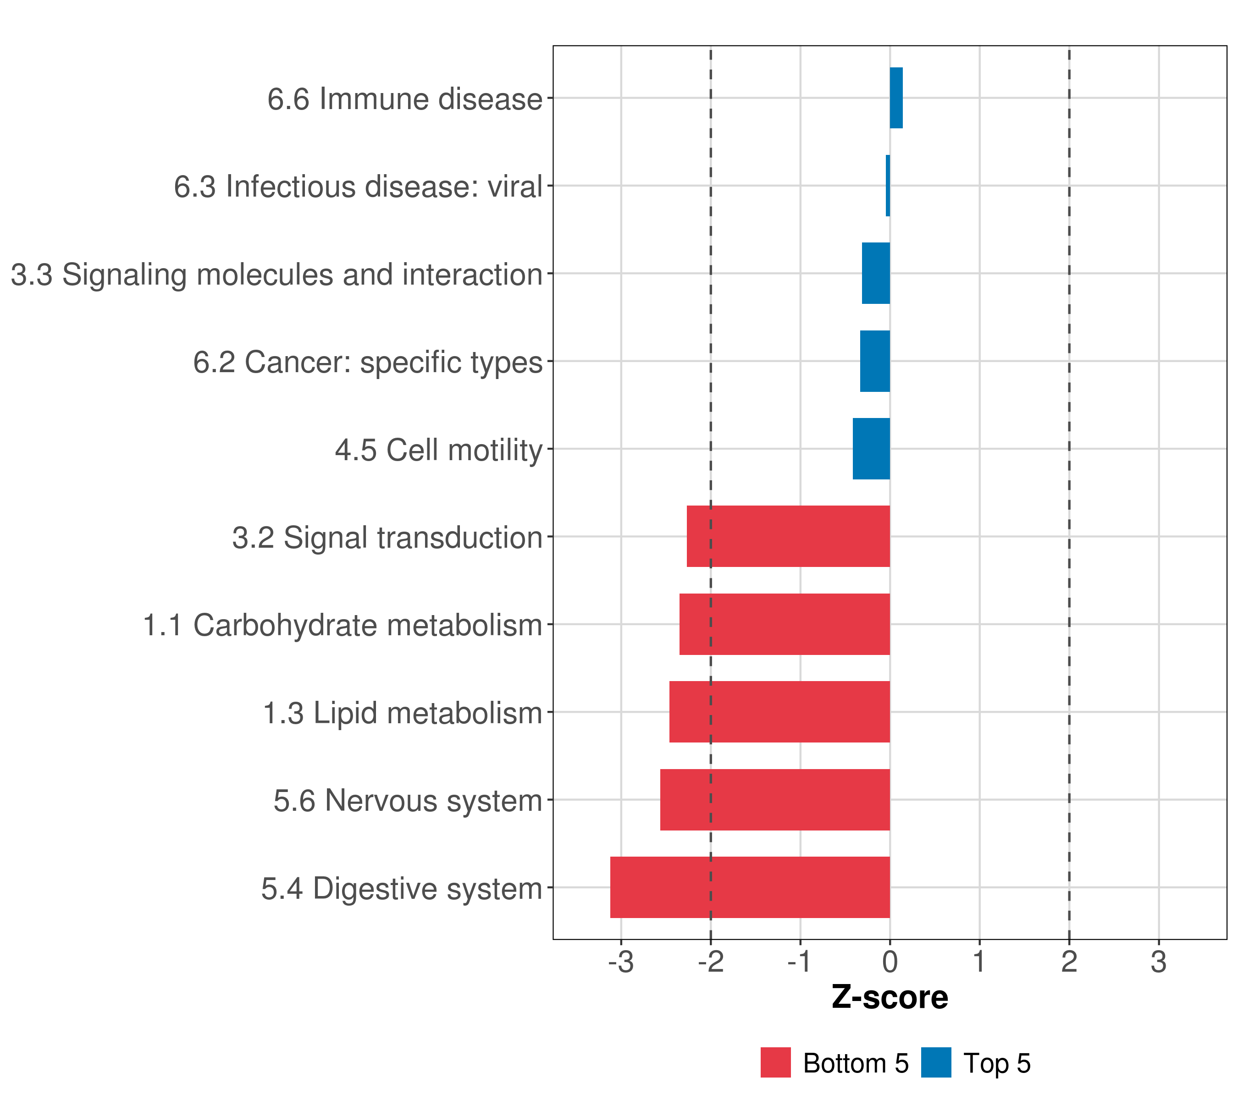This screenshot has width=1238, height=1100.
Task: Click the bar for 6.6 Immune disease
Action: [896, 98]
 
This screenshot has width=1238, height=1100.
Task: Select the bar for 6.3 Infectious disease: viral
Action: [888, 186]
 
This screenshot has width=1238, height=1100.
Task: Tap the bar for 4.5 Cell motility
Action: [871, 449]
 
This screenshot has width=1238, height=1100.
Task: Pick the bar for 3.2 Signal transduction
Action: [788, 536]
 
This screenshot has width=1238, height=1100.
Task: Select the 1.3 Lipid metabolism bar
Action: [779, 712]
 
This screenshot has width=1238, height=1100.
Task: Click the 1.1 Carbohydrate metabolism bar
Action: [785, 624]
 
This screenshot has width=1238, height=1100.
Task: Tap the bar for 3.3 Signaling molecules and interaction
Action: [876, 274]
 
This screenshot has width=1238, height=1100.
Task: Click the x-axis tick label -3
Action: [621, 962]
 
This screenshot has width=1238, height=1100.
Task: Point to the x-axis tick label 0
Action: [890, 962]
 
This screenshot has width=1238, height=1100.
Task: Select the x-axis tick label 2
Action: [1069, 962]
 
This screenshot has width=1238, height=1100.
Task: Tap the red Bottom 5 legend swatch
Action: [775, 1062]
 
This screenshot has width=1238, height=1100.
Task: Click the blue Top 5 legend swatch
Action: [936, 1062]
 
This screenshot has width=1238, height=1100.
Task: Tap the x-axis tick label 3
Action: [1159, 962]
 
